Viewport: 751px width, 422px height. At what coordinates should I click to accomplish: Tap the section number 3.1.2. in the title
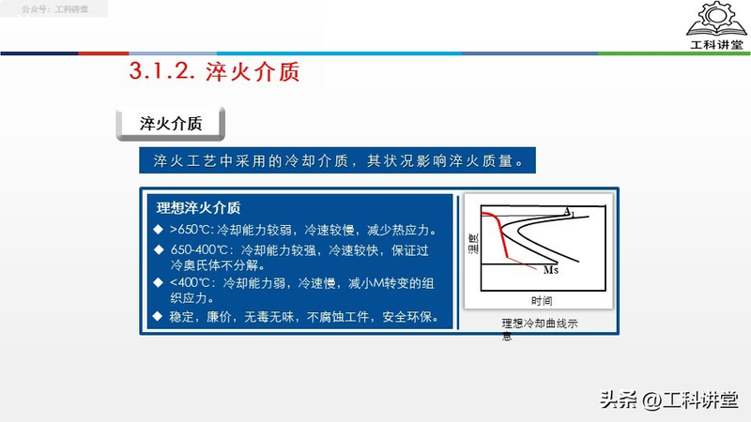(x=161, y=71)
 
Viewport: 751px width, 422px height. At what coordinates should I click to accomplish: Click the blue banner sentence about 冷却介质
(x=344, y=160)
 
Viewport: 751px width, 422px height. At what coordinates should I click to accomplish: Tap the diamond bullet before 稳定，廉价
(x=158, y=316)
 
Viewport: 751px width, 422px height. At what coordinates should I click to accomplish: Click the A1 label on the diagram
(x=569, y=215)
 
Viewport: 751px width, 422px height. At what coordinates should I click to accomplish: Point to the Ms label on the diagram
(x=552, y=270)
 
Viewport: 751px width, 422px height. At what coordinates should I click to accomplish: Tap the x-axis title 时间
(x=541, y=301)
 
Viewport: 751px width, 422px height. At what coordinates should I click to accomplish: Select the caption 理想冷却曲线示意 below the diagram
(x=540, y=324)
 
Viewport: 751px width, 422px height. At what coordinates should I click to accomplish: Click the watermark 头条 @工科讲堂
(x=667, y=399)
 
